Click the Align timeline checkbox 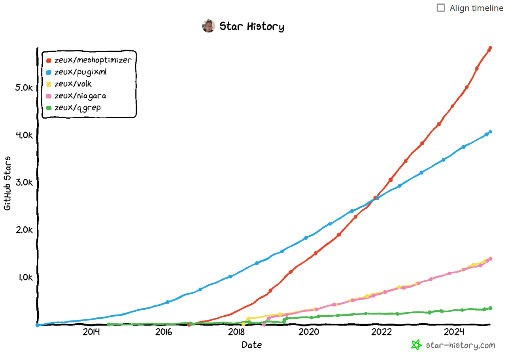(x=441, y=8)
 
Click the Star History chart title (x=251, y=27)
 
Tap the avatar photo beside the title (x=208, y=26)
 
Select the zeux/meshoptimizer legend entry (x=93, y=60)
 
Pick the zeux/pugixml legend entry (x=80, y=72)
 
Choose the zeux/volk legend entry (x=73, y=84)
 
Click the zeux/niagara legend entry (x=80, y=96)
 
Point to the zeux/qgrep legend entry (x=77, y=108)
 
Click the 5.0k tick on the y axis (x=24, y=87)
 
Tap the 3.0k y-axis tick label (x=24, y=182)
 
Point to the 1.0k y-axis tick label (x=25, y=277)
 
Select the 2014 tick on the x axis (x=91, y=332)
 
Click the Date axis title (x=252, y=345)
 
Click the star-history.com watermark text (x=460, y=345)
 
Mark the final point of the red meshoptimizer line (x=490, y=48)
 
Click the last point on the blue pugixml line (x=490, y=132)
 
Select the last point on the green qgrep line (x=490, y=308)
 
